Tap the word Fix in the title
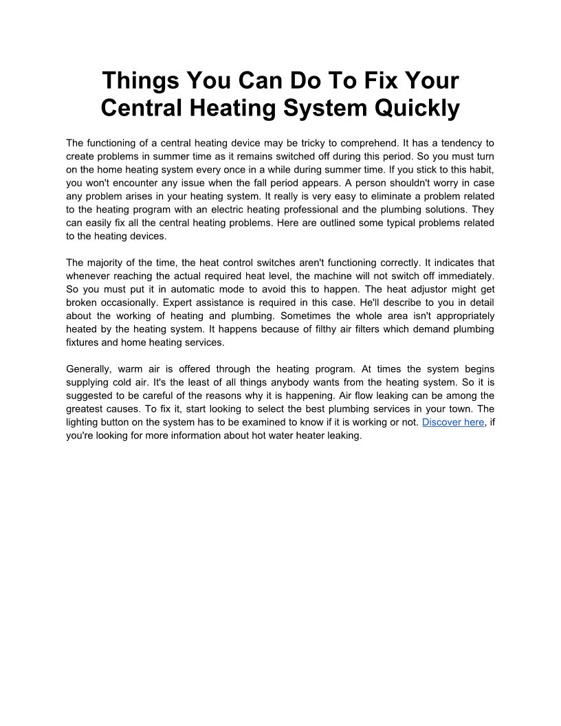376,80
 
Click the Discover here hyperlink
453,422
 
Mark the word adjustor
430,289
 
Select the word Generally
89,369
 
